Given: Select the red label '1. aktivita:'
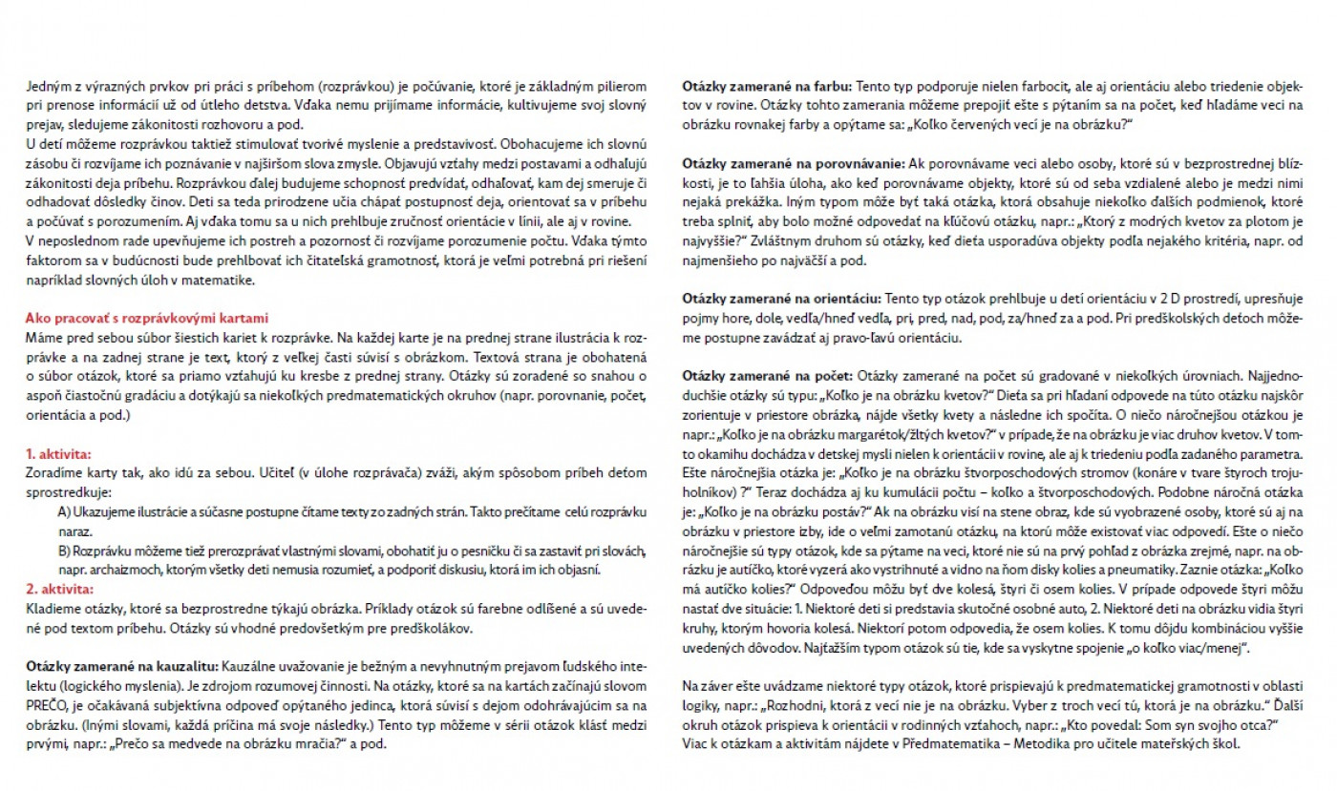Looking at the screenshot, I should pos(58,454).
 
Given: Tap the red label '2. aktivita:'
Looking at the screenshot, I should pos(59,588).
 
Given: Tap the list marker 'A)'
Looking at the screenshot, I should pos(64,512).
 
